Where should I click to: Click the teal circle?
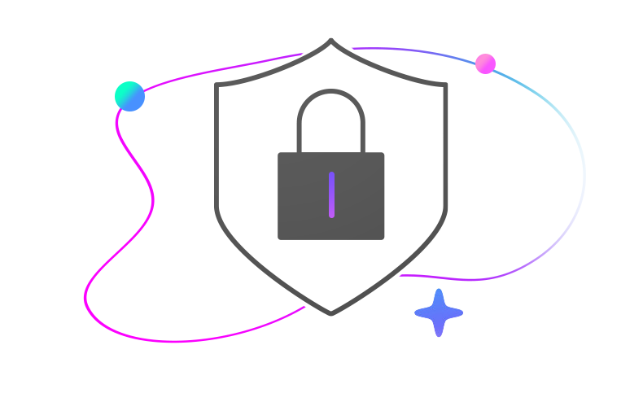[x=129, y=96]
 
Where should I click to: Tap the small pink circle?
[x=486, y=63]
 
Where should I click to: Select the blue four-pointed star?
[x=439, y=312]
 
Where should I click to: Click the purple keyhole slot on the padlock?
[x=331, y=195]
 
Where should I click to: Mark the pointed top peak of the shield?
[x=331, y=41]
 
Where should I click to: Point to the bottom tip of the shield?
[x=331, y=313]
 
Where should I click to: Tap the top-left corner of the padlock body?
[x=279, y=153]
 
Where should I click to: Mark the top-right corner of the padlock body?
[x=384, y=153]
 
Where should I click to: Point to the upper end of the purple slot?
[x=331, y=175]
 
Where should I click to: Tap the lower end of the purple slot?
[x=331, y=216]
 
